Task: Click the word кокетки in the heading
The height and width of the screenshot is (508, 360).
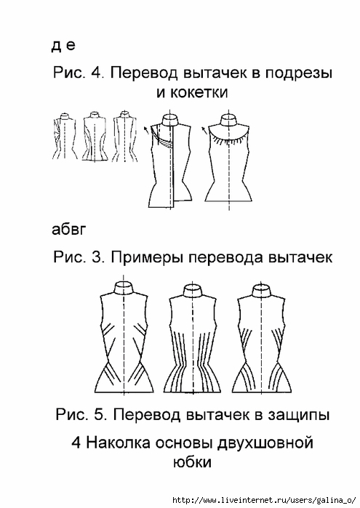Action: point(199,92)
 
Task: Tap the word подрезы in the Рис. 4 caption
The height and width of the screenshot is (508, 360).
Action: point(299,73)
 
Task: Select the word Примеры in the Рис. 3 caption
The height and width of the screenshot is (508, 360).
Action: point(148,257)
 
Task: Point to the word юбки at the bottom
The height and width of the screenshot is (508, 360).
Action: point(192,461)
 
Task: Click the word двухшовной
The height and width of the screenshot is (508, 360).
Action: point(265,443)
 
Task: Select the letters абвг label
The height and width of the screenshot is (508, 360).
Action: point(69,230)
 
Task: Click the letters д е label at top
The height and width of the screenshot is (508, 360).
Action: point(63,45)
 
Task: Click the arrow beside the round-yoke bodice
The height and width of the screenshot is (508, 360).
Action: point(204,130)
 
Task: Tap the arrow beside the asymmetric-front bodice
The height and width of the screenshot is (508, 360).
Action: point(146,130)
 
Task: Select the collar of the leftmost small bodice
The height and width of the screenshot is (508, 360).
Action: point(65,116)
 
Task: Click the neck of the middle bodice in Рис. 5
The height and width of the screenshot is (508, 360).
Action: point(193,291)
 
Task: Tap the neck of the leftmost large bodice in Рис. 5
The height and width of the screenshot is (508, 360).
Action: point(124,289)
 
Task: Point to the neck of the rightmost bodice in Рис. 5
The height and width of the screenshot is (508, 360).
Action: point(261,291)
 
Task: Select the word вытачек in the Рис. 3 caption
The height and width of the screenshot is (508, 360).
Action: point(300,257)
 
